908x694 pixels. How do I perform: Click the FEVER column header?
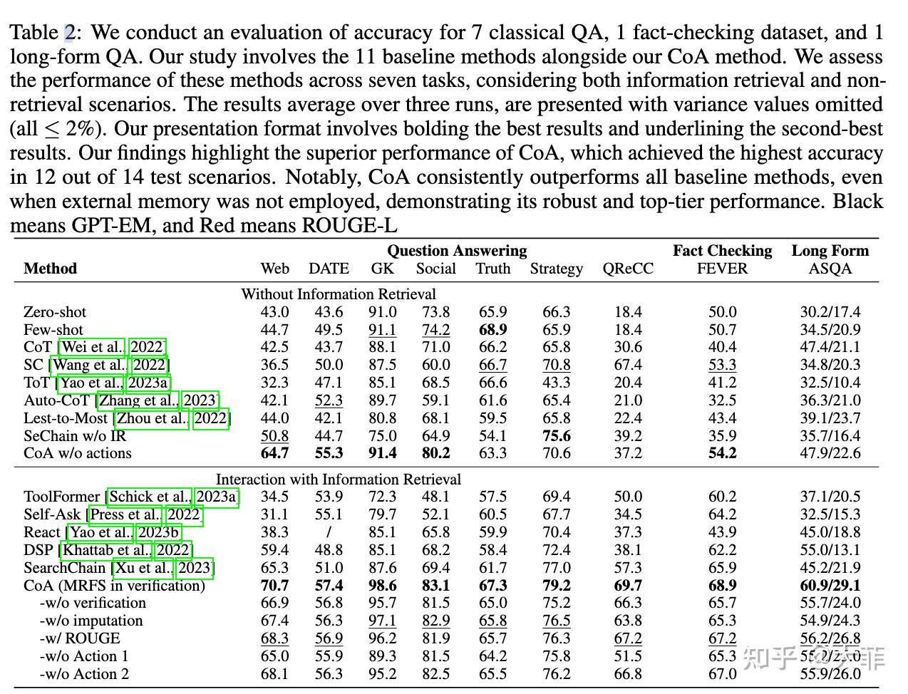pos(722,269)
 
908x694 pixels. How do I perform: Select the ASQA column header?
pos(830,269)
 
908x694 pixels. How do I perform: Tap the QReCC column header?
pos(627,269)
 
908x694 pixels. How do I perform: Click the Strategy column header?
pos(556,269)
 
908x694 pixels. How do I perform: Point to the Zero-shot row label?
pos(55,312)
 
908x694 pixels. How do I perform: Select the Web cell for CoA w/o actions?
pos(274,453)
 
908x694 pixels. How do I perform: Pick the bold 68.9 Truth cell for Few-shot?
pos(493,330)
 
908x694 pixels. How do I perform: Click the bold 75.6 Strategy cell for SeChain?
pos(556,435)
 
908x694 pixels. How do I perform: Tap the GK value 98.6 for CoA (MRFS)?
pos(383,586)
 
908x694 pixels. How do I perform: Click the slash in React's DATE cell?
pos(329,532)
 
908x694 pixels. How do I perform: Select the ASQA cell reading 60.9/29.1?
pos(830,586)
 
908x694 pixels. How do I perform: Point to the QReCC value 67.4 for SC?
pos(627,365)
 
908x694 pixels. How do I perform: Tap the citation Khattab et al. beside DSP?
pos(106,550)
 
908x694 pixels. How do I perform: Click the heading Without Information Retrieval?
pos(339,294)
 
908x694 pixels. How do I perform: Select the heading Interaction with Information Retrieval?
pos(339,480)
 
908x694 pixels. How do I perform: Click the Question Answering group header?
pos(457,251)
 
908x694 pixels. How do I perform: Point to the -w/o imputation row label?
pos(91,621)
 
